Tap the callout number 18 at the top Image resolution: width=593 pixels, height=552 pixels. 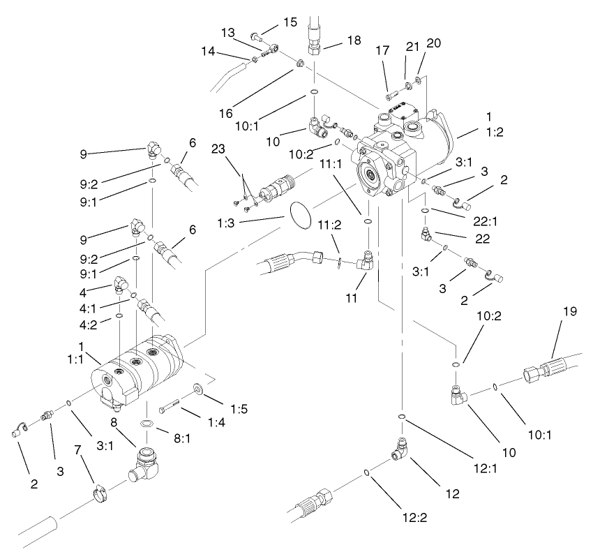[354, 41]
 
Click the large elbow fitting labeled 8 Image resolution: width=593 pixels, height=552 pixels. [148, 463]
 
